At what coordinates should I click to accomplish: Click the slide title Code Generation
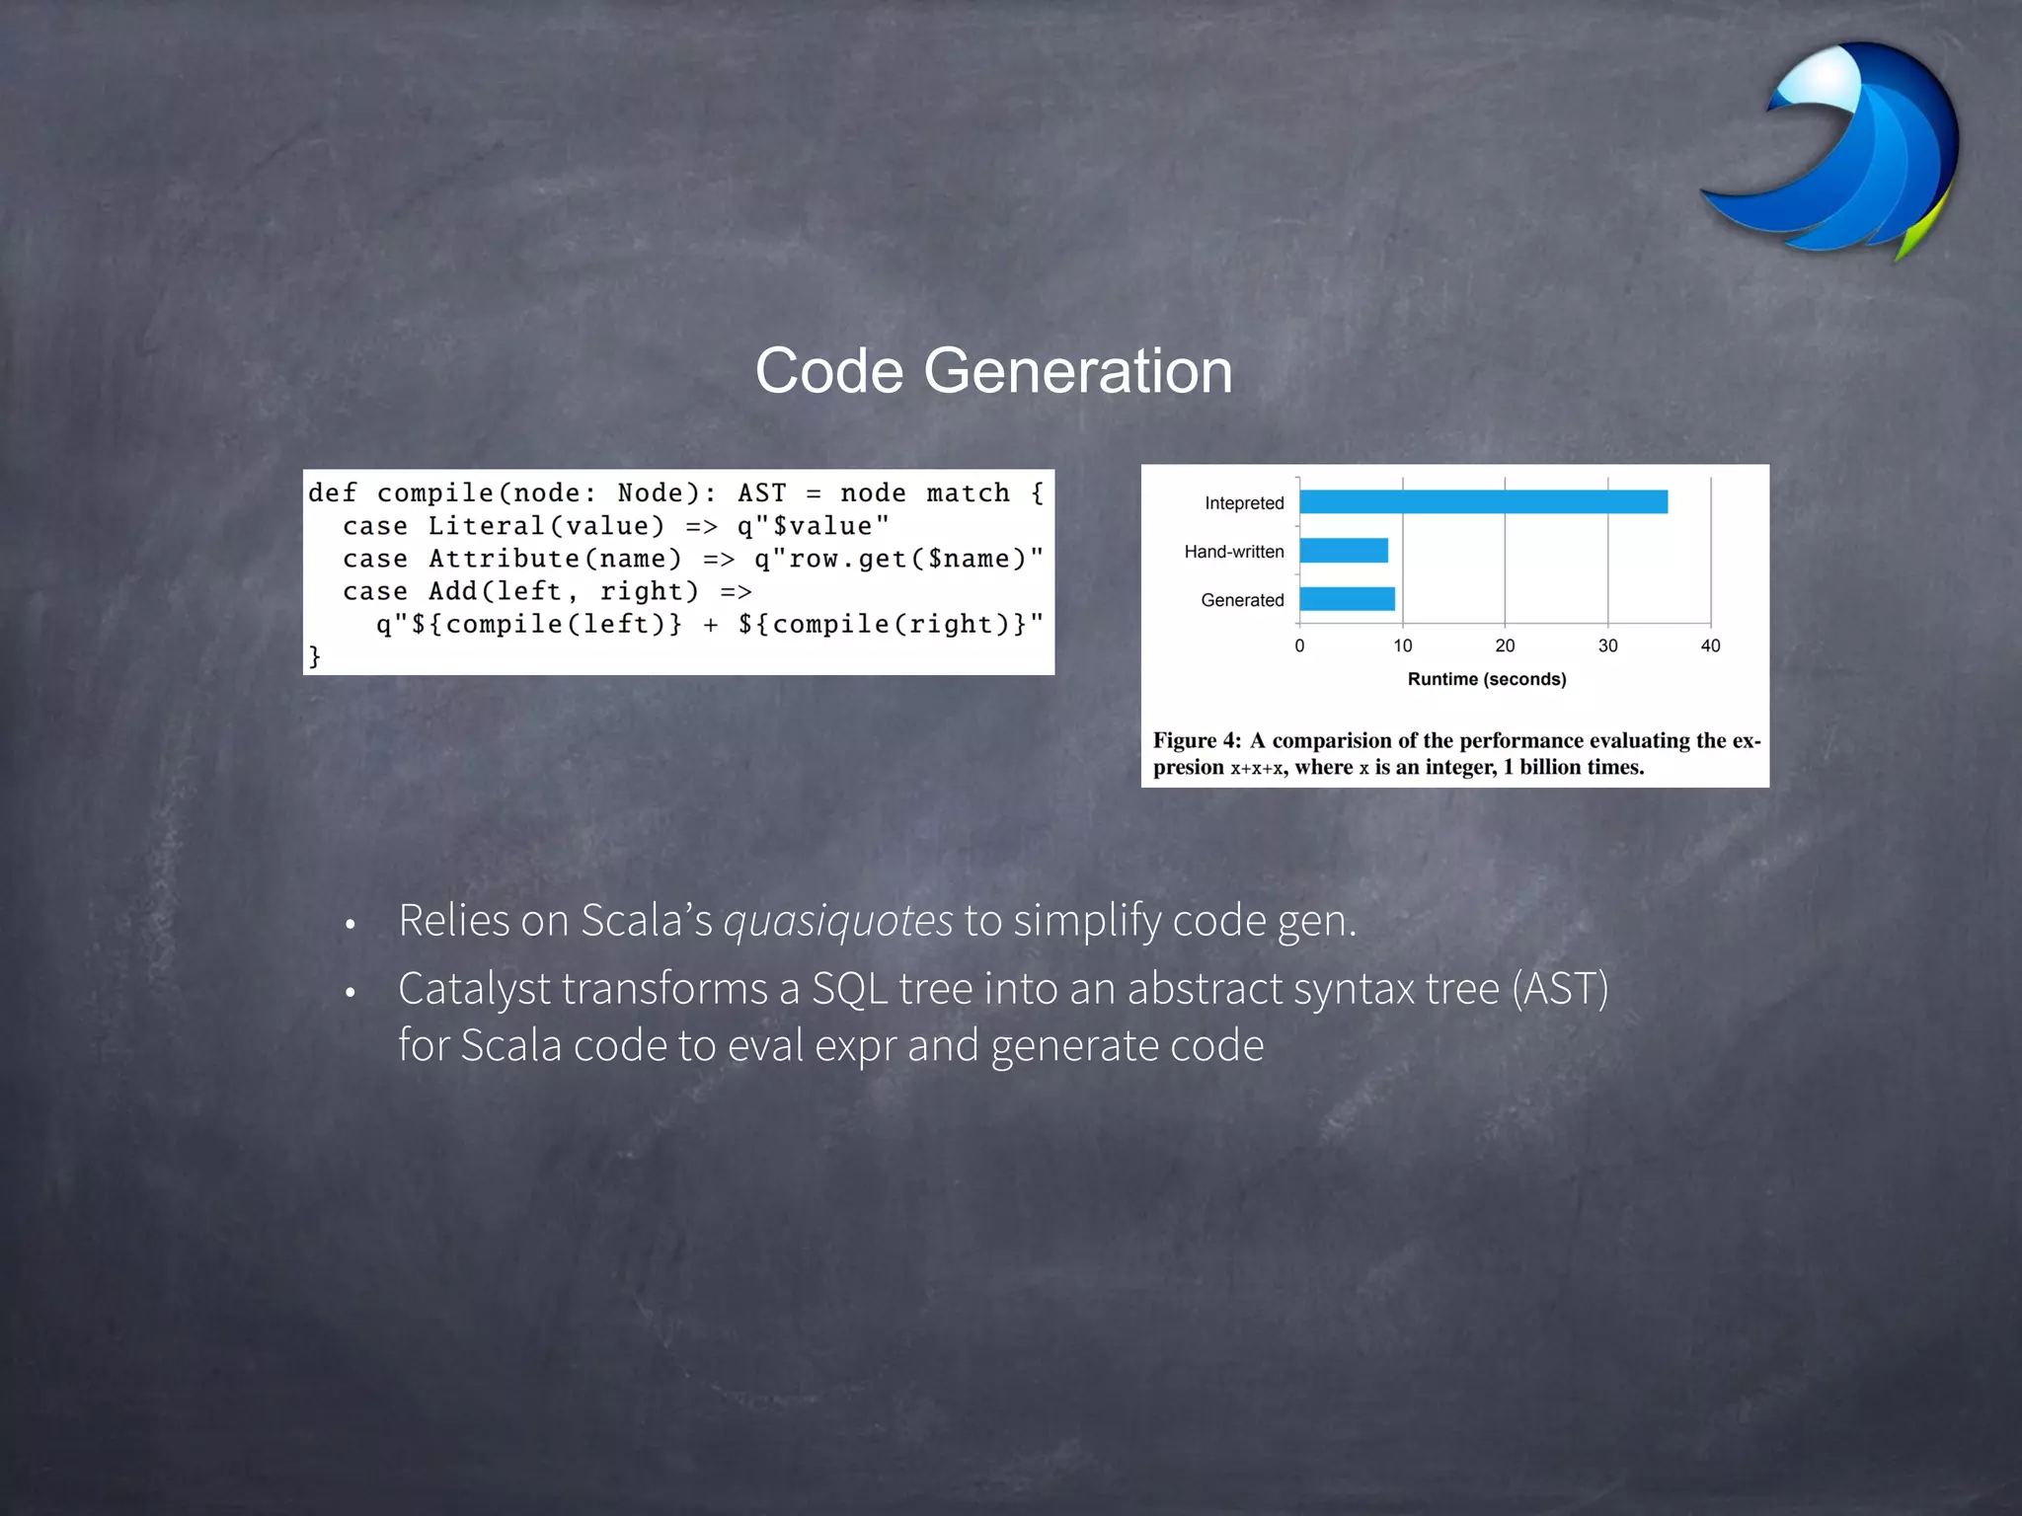point(993,371)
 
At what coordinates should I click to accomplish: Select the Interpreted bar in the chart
point(1483,502)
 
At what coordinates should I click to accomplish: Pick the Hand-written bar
point(1344,551)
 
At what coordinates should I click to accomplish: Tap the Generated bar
point(1347,599)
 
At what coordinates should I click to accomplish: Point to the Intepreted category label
point(1244,503)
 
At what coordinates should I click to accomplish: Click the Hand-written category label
point(1234,552)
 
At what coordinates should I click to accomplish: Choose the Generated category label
point(1242,600)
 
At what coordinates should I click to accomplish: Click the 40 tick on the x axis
point(1710,645)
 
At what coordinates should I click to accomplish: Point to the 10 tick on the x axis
point(1402,645)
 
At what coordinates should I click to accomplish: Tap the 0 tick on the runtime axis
point(1299,645)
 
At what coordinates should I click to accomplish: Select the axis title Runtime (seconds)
point(1487,679)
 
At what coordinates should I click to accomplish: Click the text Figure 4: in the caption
point(1197,740)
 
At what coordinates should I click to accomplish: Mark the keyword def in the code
point(332,493)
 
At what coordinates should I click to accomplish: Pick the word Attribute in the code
point(504,559)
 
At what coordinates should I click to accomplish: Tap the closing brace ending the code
point(315,656)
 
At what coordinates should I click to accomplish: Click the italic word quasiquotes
point(838,921)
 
